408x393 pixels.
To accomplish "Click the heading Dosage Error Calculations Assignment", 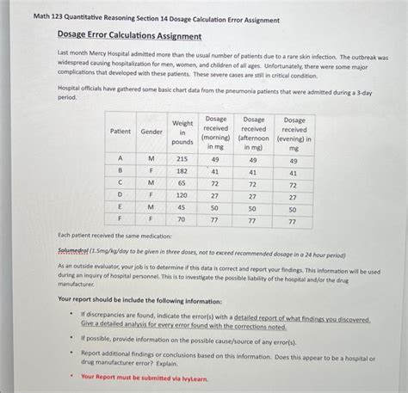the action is tap(129, 36).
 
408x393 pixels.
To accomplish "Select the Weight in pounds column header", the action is tap(182, 132).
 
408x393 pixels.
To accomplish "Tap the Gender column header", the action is tap(151, 131).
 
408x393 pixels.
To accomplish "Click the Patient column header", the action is tap(121, 131).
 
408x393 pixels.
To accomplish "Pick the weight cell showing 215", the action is tap(182, 159).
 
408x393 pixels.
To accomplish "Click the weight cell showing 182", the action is tap(182, 171).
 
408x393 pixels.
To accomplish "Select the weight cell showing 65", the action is tap(182, 183).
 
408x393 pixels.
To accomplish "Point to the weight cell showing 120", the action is tap(182, 195).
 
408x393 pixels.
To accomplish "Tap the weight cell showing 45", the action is tap(182, 207).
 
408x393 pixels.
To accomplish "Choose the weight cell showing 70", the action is tap(182, 219).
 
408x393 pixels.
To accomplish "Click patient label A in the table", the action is tap(121, 159).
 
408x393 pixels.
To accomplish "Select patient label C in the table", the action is tap(121, 183).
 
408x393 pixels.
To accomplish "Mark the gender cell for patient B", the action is tap(151, 171).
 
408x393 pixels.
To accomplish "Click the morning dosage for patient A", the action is tap(215, 159).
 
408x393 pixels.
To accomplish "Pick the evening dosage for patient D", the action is tap(294, 196).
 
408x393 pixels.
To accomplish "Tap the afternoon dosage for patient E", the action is tap(253, 208).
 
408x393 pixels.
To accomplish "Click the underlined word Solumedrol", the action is tap(77, 255).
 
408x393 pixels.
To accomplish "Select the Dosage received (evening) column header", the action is tap(294, 132).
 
